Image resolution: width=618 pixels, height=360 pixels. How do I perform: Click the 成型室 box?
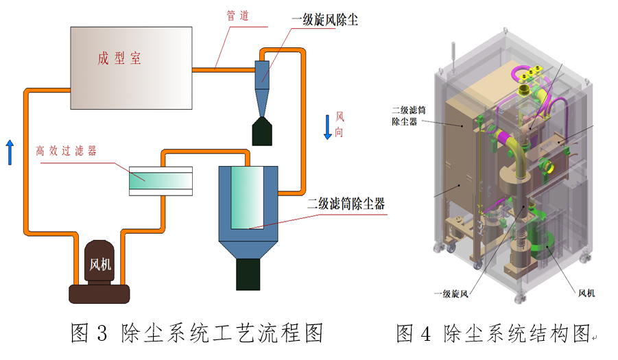click(130, 67)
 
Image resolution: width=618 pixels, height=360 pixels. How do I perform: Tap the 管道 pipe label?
click(237, 15)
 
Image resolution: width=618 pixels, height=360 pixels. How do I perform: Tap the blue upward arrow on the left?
click(10, 152)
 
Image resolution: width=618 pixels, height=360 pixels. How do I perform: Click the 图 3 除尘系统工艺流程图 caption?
click(196, 334)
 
